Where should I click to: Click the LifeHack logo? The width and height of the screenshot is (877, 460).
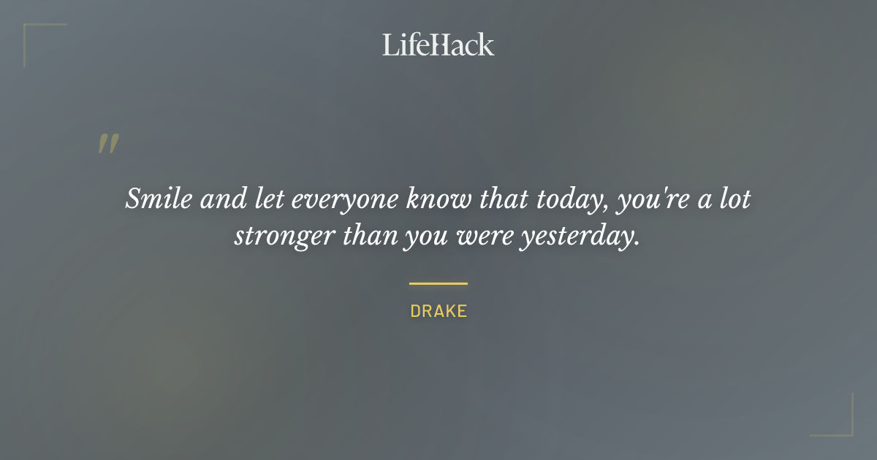tap(438, 45)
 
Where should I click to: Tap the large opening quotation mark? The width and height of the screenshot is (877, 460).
tap(108, 144)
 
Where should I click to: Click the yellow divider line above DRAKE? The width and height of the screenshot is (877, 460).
tap(438, 283)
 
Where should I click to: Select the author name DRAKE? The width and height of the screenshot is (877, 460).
tap(438, 311)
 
